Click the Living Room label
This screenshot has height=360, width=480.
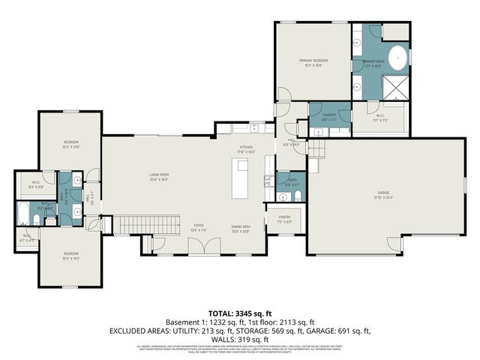click(158, 177)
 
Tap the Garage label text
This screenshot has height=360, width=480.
click(384, 196)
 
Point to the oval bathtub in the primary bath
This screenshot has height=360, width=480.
click(397, 58)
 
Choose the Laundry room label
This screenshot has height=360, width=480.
click(328, 116)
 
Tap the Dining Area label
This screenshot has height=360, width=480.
click(240, 228)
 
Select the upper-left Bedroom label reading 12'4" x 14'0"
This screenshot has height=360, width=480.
click(70, 144)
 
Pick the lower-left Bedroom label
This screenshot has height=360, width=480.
click(70, 256)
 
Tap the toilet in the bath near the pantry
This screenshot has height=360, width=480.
click(297, 196)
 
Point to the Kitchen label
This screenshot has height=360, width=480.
click(246, 148)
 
